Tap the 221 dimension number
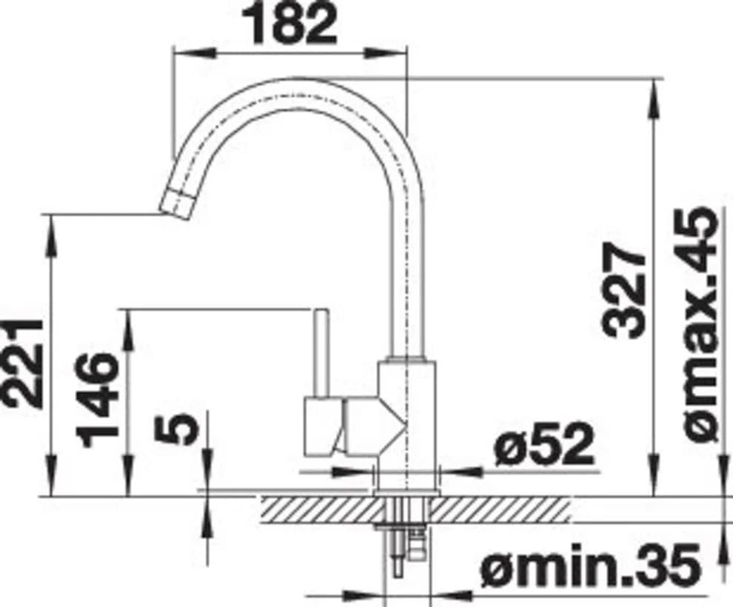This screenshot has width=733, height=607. tap(22, 363)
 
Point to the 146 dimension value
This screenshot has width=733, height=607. tap(97, 400)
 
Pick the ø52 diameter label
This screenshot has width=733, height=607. tap(543, 445)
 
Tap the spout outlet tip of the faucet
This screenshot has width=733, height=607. tap(176, 204)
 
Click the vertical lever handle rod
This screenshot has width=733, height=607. tap(320, 354)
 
